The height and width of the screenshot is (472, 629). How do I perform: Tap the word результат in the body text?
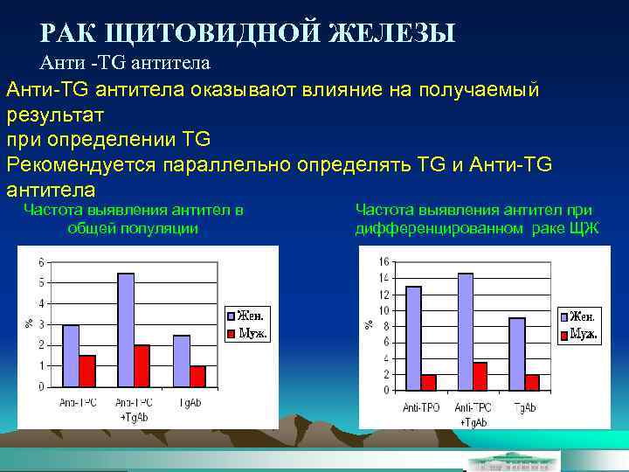[x=55, y=115]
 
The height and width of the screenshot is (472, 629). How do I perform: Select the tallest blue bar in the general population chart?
[x=126, y=330]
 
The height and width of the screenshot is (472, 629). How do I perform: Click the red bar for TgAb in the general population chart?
[x=198, y=377]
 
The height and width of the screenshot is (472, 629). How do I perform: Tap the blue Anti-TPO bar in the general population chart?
[x=71, y=356]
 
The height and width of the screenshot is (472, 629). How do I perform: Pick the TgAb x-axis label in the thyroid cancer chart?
[x=525, y=407]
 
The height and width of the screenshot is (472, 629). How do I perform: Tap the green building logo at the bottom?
[x=511, y=460]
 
